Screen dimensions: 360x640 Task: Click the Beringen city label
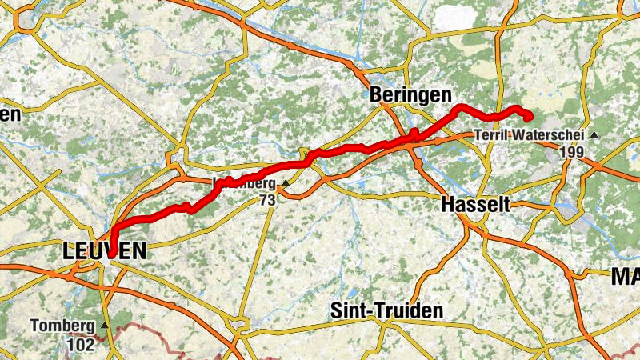[x=410, y=94]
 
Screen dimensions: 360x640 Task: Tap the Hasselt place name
[x=475, y=205]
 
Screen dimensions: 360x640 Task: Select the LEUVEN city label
[x=104, y=252]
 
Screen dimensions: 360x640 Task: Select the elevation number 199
[x=574, y=151]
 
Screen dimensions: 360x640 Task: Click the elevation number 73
[x=267, y=200]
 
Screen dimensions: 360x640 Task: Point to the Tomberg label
[x=64, y=326]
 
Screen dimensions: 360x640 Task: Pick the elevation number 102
[x=80, y=344]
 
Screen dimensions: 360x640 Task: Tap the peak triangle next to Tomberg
[x=105, y=326]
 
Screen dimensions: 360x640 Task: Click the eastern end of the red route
[x=530, y=118]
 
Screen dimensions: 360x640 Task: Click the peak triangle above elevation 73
[x=285, y=183]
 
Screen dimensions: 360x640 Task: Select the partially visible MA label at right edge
[x=625, y=278]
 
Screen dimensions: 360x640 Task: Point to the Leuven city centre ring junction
[x=106, y=261]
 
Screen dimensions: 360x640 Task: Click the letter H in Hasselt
[x=447, y=205]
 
